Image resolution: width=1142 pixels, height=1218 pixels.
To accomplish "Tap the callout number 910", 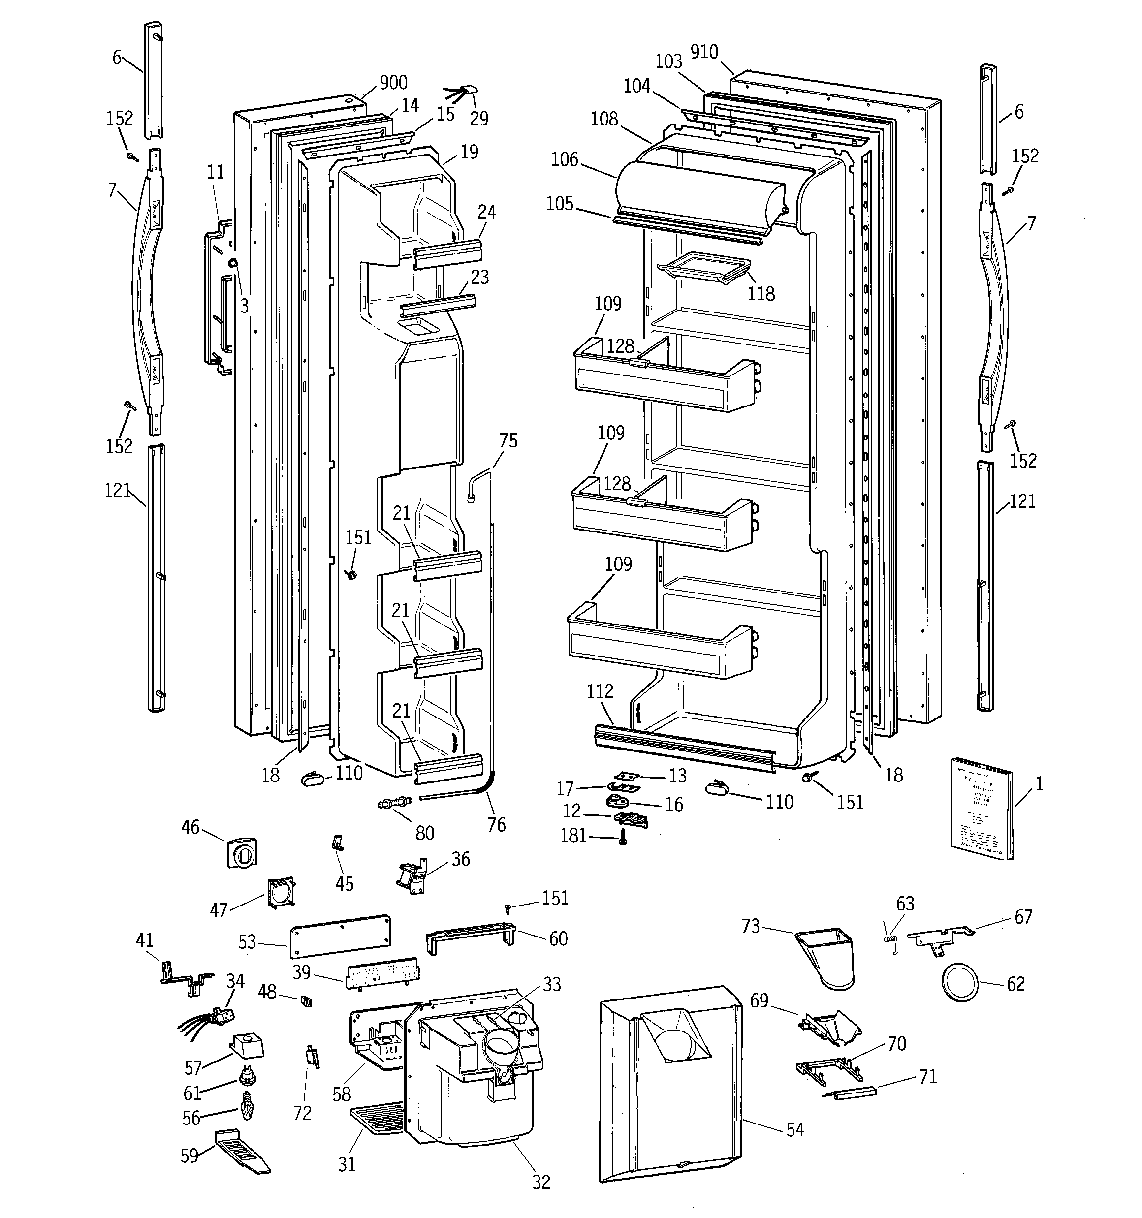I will (x=704, y=52).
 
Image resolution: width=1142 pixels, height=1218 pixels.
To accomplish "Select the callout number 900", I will (x=393, y=83).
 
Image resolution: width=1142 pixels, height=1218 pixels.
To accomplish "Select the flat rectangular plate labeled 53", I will (x=340, y=935).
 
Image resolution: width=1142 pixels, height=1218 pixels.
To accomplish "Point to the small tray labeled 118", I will (x=704, y=268).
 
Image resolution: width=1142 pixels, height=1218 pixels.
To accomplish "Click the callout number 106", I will (x=565, y=159).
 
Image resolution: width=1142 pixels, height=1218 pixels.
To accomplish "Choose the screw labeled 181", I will (x=623, y=838).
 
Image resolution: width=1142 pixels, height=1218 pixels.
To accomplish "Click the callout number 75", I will (x=508, y=440).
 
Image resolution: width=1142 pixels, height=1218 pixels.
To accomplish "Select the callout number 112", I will (x=600, y=691).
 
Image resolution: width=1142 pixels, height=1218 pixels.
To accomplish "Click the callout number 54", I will (x=794, y=1130).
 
